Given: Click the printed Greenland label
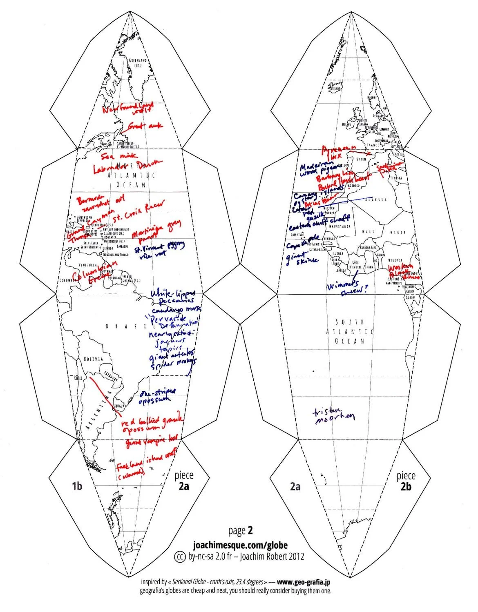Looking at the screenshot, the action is pyautogui.click(x=138, y=62).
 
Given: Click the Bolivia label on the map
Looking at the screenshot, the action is pyautogui.click(x=93, y=359).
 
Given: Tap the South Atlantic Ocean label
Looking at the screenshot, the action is pyautogui.click(x=350, y=331).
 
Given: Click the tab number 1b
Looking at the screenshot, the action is pyautogui.click(x=77, y=486).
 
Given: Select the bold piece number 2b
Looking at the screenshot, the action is pyautogui.click(x=406, y=486).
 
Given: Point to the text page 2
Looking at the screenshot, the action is pyautogui.click(x=241, y=530).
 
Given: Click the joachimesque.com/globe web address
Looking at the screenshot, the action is pyautogui.click(x=240, y=545).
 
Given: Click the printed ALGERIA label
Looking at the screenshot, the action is pyautogui.click(x=376, y=200).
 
